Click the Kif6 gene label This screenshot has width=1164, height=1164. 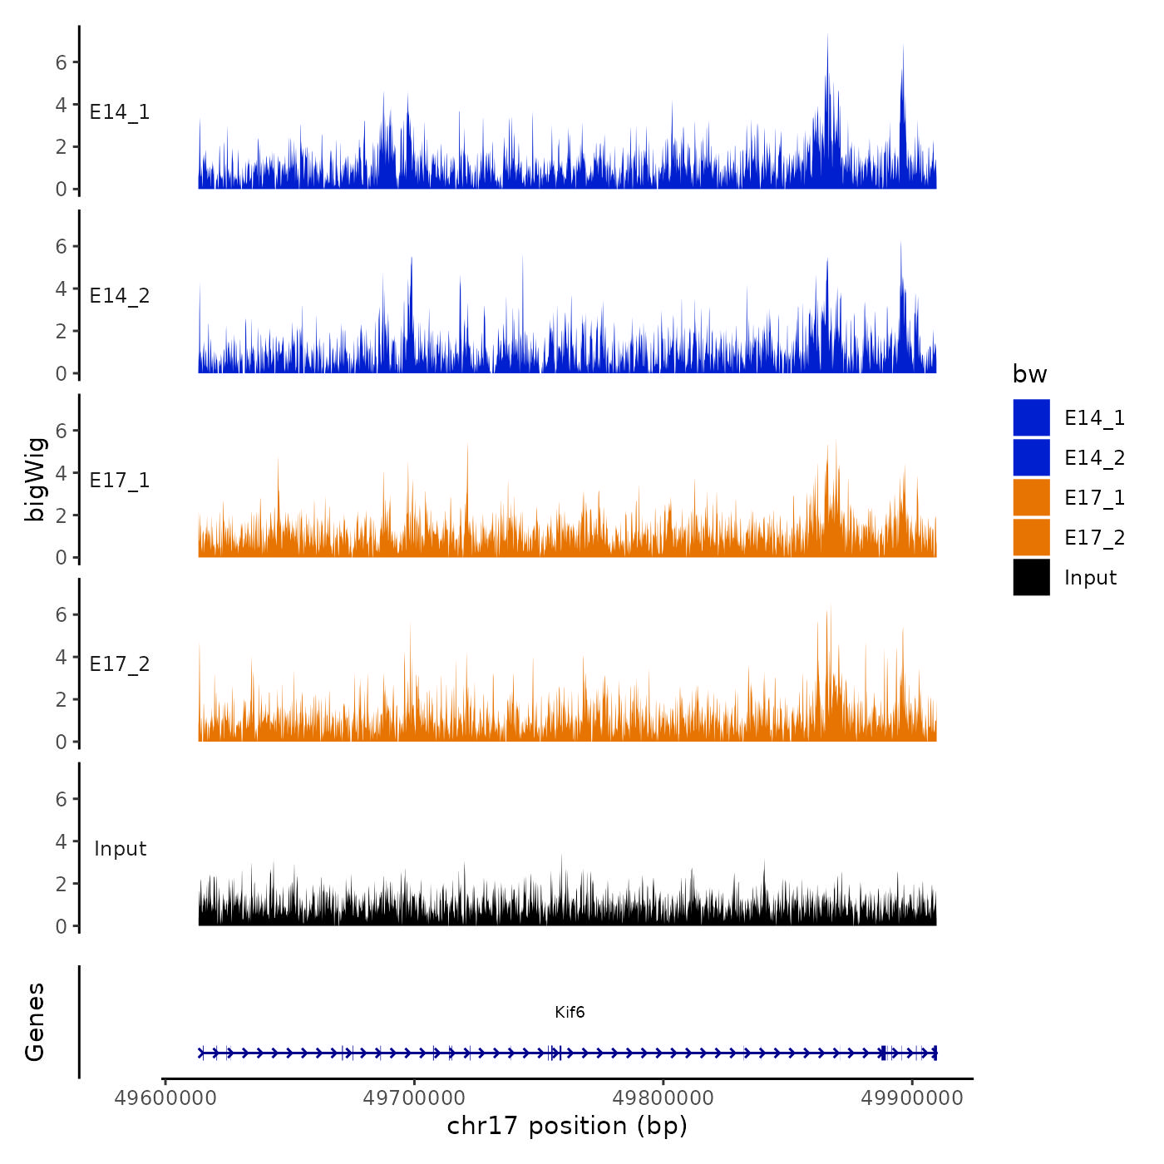570,1012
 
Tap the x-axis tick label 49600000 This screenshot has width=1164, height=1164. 165,1098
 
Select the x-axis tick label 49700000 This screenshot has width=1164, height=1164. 414,1098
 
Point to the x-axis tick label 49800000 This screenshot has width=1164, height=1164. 663,1098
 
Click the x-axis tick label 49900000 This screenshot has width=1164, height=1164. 912,1098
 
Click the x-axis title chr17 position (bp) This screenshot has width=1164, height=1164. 567,1126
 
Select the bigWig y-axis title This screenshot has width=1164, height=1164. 36,479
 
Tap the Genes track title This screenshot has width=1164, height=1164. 36,1022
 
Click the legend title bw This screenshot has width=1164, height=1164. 1029,375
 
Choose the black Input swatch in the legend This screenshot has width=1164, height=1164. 1031,578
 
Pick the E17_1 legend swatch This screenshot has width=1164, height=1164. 1031,498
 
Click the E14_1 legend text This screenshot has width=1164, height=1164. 1094,418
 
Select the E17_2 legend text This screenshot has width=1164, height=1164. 1094,538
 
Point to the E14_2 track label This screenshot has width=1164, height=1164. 120,296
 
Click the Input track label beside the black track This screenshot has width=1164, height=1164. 120,849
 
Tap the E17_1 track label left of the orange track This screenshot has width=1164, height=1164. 120,481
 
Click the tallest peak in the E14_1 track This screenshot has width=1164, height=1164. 827,37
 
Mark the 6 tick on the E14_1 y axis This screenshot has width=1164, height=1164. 62,62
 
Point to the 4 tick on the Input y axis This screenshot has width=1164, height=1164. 62,841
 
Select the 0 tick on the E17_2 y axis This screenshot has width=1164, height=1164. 62,742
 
